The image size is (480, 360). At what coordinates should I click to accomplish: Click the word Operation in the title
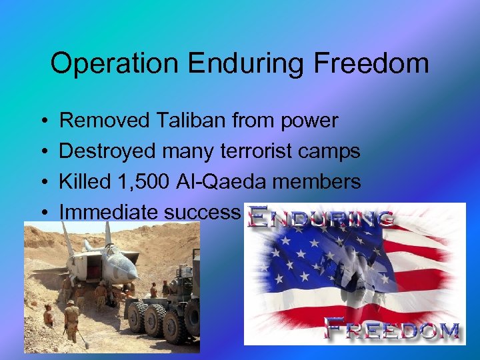[114, 64]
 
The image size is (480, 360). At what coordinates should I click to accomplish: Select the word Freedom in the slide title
[373, 64]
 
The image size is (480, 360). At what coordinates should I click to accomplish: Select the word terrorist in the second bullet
[254, 151]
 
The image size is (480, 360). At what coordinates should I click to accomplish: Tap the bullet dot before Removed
[42, 121]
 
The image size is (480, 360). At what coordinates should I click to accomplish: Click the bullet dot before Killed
[42, 182]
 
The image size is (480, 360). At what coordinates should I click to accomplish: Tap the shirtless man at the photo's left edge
[48, 315]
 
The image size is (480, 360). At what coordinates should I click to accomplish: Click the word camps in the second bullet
[330, 151]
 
